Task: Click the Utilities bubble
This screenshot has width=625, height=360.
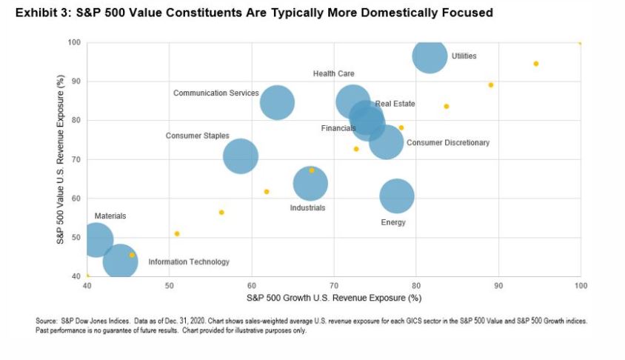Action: [x=430, y=56]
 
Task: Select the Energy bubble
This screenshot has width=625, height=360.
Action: [x=397, y=196]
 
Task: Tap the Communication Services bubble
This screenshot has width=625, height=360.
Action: [x=277, y=102]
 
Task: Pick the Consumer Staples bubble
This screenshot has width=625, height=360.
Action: [x=241, y=156]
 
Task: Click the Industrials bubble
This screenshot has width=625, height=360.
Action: [x=310, y=184]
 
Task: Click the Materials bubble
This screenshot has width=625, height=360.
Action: [x=95, y=239]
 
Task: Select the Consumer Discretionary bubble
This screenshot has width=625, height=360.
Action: [x=386, y=141]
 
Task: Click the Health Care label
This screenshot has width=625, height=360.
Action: [x=333, y=74]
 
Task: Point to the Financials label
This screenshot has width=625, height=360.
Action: [x=338, y=128]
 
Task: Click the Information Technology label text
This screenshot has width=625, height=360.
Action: [x=189, y=262]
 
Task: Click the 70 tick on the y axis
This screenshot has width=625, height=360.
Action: [x=75, y=159]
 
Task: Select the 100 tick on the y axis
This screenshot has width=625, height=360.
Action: [x=73, y=42]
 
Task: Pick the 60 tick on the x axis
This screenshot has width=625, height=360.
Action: [x=252, y=285]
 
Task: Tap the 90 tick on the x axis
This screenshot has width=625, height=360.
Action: [x=498, y=285]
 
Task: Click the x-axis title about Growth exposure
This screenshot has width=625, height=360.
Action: [x=334, y=298]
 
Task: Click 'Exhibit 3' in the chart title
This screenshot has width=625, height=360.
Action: [x=36, y=13]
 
